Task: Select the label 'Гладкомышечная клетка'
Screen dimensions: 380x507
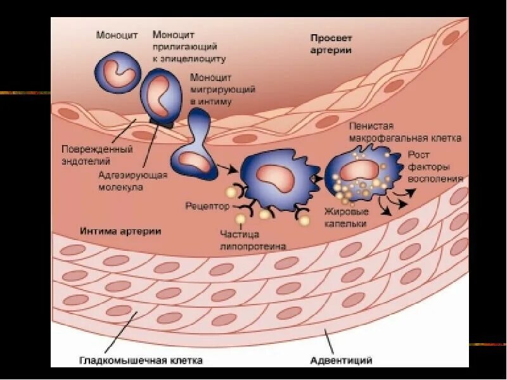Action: pos(141,360)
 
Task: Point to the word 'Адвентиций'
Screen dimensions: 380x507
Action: pos(341,360)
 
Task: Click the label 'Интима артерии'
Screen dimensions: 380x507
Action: pos(120,231)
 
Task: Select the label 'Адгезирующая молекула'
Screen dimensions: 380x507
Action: pos(132,180)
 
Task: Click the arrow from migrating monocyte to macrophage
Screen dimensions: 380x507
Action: pos(228,168)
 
